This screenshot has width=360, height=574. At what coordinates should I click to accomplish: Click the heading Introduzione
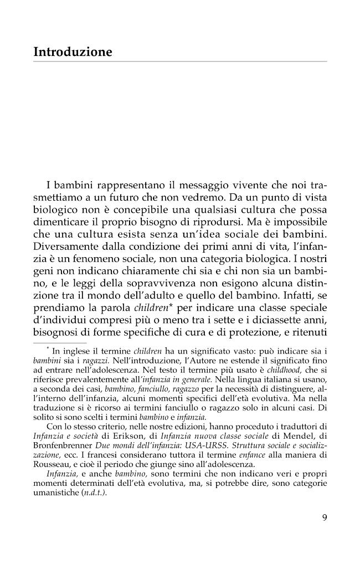pyautogui.click(x=73, y=52)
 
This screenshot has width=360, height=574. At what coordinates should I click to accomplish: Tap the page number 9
pyautogui.click(x=324, y=518)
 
